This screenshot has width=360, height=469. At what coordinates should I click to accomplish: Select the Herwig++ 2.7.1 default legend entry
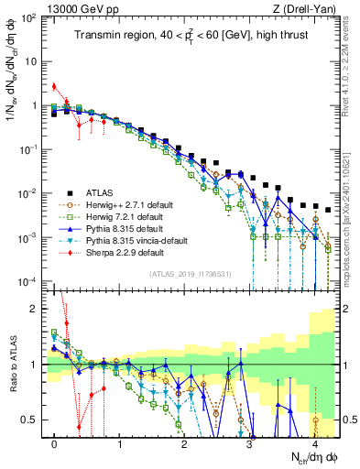[x=121, y=205]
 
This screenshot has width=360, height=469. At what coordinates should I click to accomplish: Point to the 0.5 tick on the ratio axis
[x=31, y=420]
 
